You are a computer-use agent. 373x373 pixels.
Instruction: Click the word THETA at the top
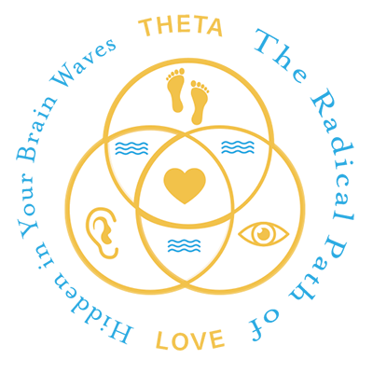(181, 26)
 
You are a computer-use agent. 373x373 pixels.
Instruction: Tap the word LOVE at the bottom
(190, 339)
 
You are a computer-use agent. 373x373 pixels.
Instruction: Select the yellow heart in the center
(185, 186)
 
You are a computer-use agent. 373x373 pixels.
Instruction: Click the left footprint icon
(176, 90)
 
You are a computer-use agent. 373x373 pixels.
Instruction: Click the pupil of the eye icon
(264, 233)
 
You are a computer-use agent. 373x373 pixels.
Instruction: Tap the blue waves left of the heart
(131, 148)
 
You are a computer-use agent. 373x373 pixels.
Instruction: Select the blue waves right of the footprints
(238, 147)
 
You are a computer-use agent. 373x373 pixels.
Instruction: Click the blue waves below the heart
(184, 245)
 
